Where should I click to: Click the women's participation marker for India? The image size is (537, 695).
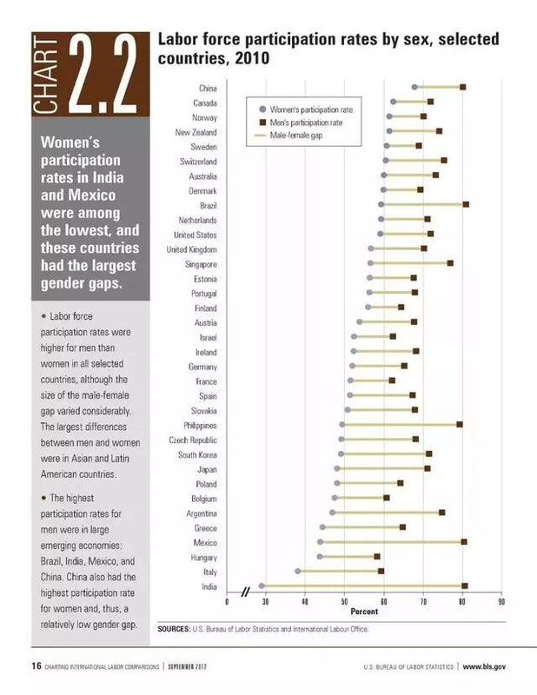tap(262, 586)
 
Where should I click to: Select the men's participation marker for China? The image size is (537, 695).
tap(463, 88)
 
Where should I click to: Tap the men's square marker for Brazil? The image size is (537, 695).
tap(466, 204)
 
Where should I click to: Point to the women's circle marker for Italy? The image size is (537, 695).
tap(298, 572)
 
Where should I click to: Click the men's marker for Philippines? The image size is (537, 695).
tap(460, 425)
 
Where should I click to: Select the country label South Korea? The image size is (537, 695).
tap(197, 454)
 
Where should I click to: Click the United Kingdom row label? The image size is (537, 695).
tap(191, 248)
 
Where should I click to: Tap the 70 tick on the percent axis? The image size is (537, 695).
tap(423, 602)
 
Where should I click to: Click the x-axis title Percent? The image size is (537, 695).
tap(363, 612)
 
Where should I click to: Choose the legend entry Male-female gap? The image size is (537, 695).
tap(296, 136)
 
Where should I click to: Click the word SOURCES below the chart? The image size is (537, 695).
tap(174, 628)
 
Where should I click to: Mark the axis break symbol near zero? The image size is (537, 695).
tap(245, 592)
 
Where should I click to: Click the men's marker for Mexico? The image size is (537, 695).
tap(464, 542)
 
